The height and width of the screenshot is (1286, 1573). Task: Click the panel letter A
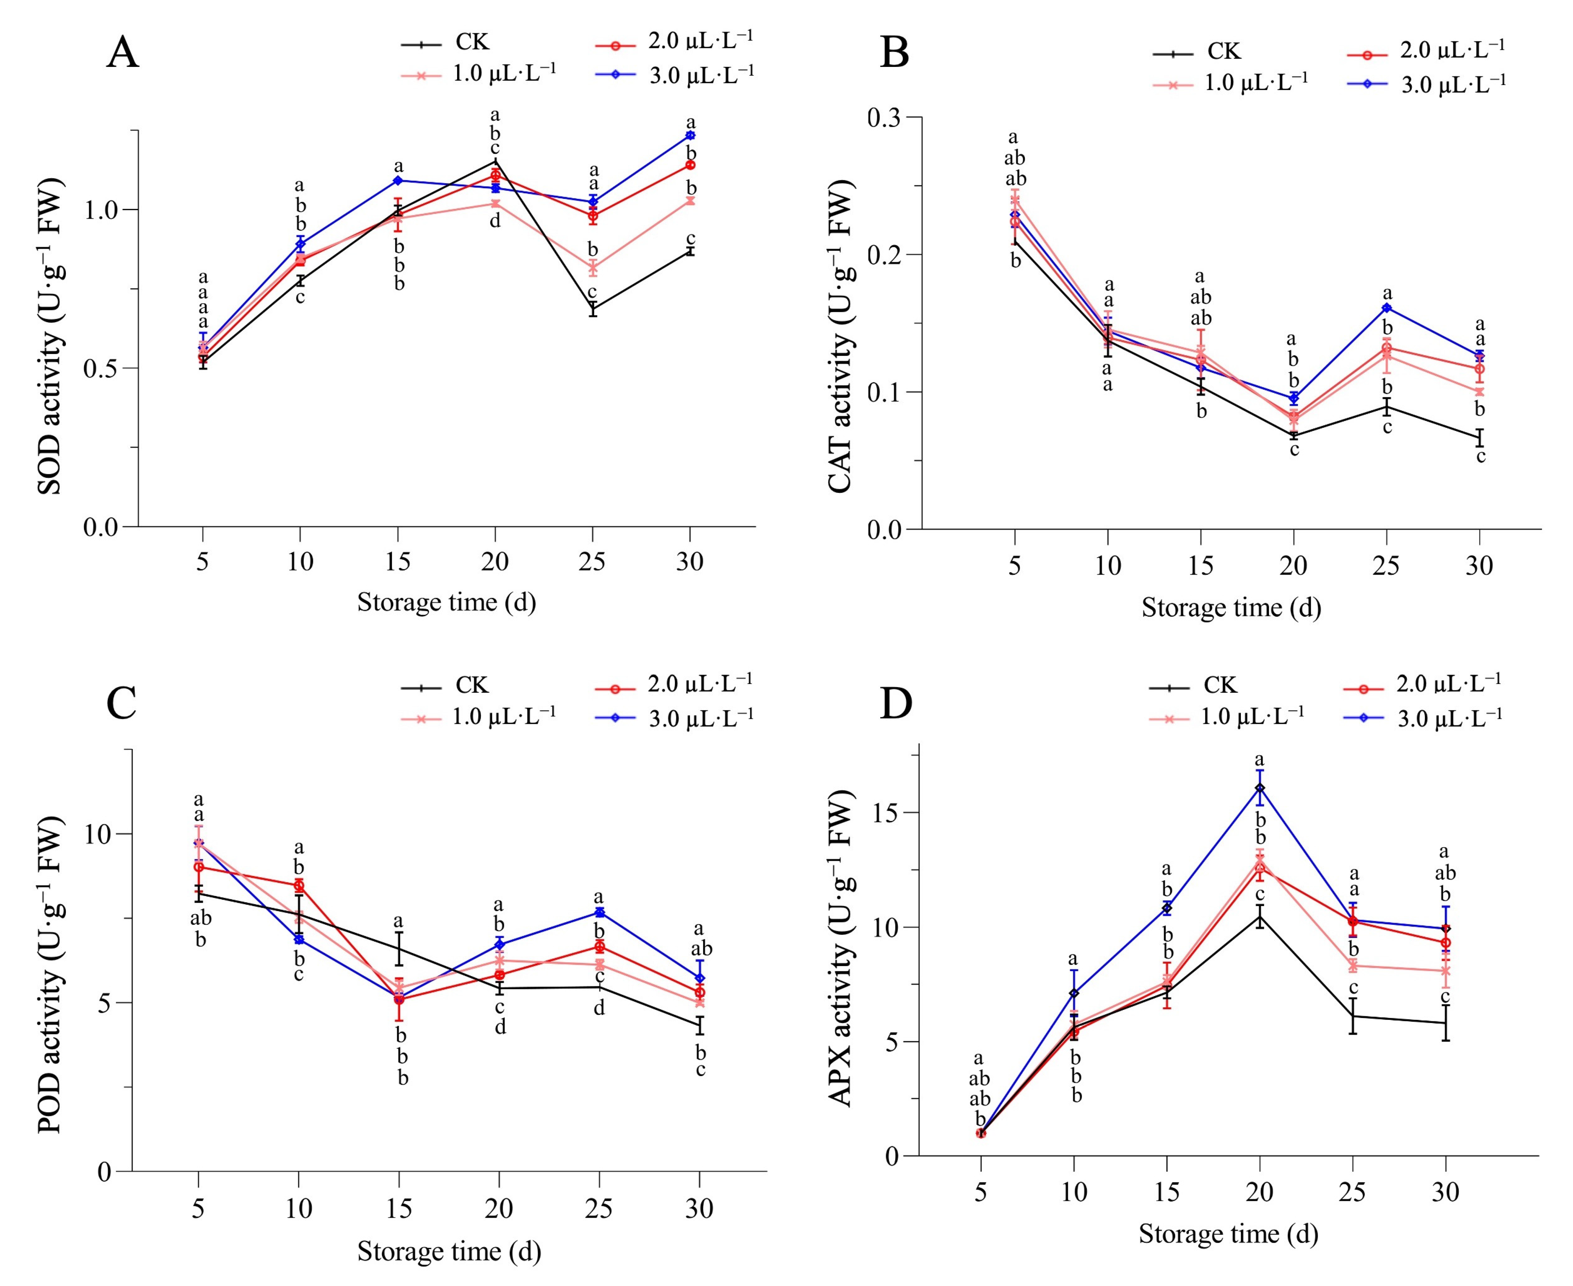(x=122, y=53)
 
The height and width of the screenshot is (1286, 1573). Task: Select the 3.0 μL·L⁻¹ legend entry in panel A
(x=674, y=75)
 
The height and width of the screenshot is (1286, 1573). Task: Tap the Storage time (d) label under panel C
(x=449, y=1251)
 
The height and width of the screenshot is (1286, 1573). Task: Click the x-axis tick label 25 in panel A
(x=592, y=562)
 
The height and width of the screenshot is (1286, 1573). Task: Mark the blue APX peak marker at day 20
(x=1260, y=788)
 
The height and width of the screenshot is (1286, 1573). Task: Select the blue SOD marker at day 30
(x=690, y=136)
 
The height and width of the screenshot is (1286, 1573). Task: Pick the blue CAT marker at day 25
(x=1386, y=307)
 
